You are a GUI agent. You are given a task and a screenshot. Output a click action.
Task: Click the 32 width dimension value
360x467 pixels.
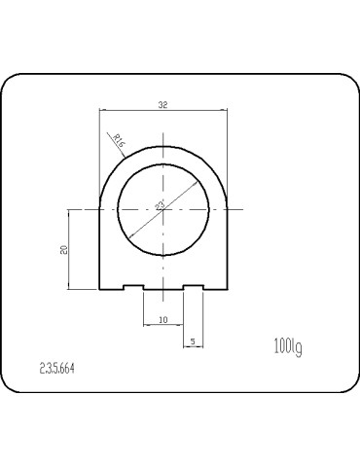click(x=162, y=103)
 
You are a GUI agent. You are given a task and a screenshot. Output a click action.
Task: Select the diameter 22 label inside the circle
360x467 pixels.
click(x=161, y=203)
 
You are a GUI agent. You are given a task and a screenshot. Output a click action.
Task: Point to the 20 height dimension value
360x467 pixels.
click(x=63, y=250)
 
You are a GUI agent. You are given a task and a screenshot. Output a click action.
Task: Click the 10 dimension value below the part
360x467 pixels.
click(x=162, y=319)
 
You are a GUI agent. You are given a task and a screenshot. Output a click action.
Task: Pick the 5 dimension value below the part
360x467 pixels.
click(x=193, y=341)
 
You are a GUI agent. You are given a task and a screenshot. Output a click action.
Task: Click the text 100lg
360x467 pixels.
click(x=289, y=344)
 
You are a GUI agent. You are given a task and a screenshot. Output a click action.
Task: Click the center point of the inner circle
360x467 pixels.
click(x=162, y=209)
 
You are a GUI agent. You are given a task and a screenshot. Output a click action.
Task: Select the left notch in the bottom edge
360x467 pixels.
click(x=133, y=286)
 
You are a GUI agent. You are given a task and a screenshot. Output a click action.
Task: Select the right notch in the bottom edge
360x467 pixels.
click(x=193, y=286)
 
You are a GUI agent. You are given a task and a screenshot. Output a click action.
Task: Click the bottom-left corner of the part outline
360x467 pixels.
click(x=101, y=289)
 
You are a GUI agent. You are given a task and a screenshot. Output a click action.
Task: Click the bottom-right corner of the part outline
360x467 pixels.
click(x=226, y=289)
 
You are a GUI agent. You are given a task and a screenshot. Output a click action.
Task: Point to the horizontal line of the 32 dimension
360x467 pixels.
click(x=136, y=109)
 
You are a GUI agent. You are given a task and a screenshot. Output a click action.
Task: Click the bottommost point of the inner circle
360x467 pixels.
click(x=162, y=254)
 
